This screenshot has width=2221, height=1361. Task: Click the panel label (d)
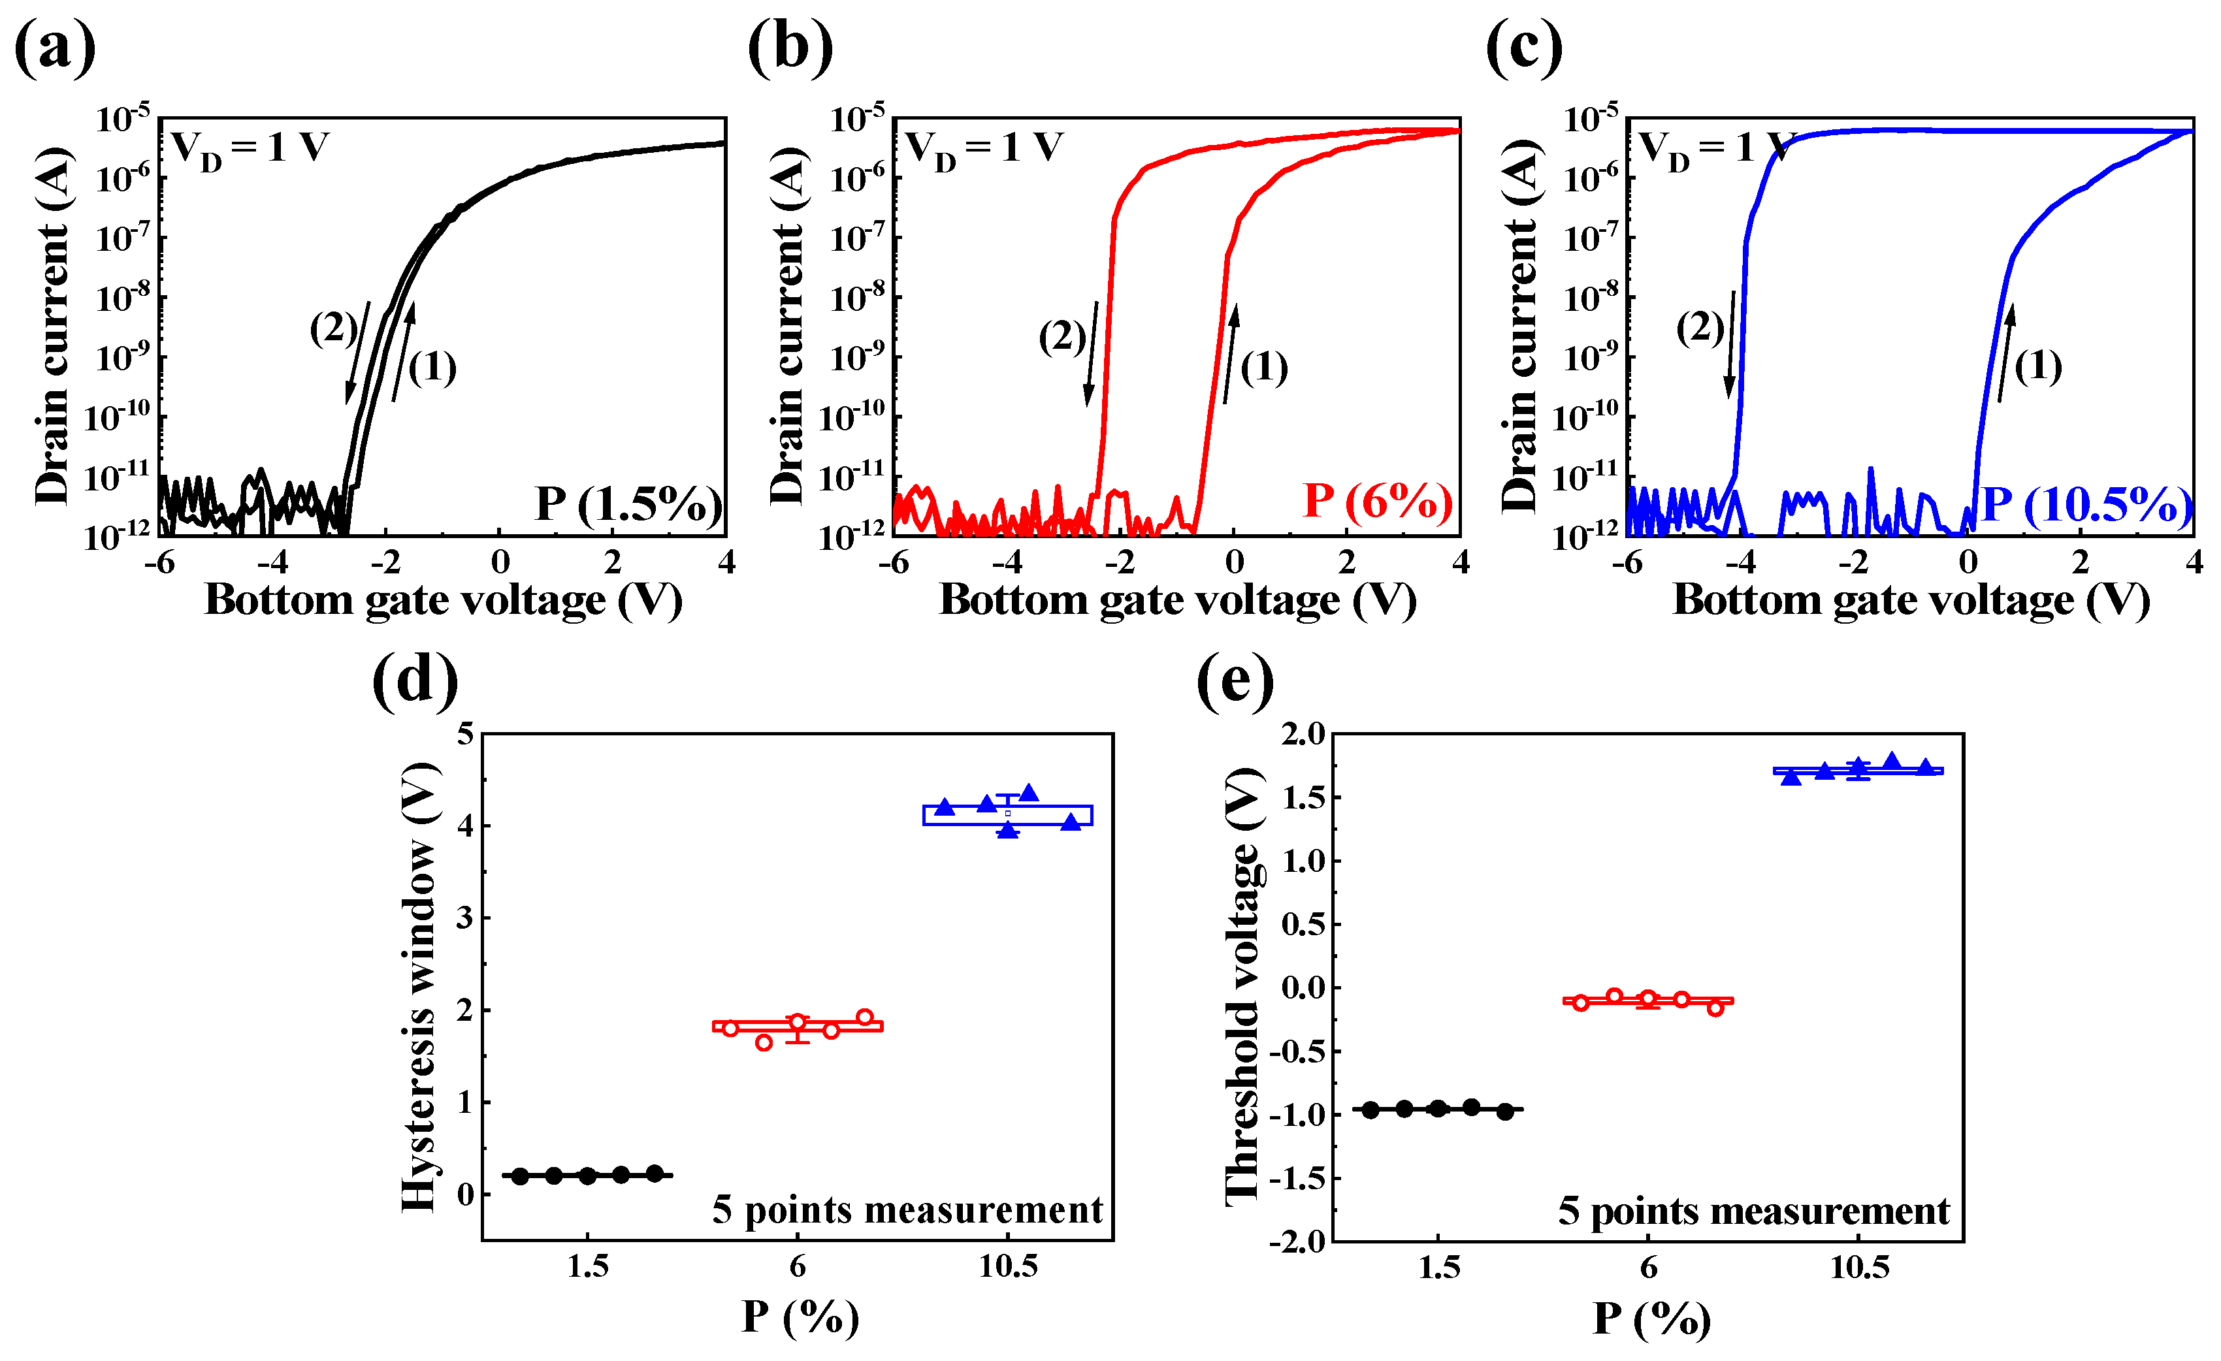(415, 680)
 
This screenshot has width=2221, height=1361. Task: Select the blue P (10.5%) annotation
(2086, 505)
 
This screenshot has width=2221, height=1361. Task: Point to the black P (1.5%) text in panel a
(628, 505)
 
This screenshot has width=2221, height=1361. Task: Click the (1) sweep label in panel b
(1264, 367)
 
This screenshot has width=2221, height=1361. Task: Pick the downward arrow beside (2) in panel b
(1092, 353)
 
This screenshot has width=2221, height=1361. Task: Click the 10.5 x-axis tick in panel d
(1008, 1267)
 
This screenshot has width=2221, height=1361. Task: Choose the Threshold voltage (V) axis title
(1244, 987)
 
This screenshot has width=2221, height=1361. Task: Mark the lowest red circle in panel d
(764, 1043)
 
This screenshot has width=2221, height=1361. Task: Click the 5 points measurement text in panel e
(1753, 1211)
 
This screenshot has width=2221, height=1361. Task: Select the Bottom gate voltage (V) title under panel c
(1911, 600)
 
